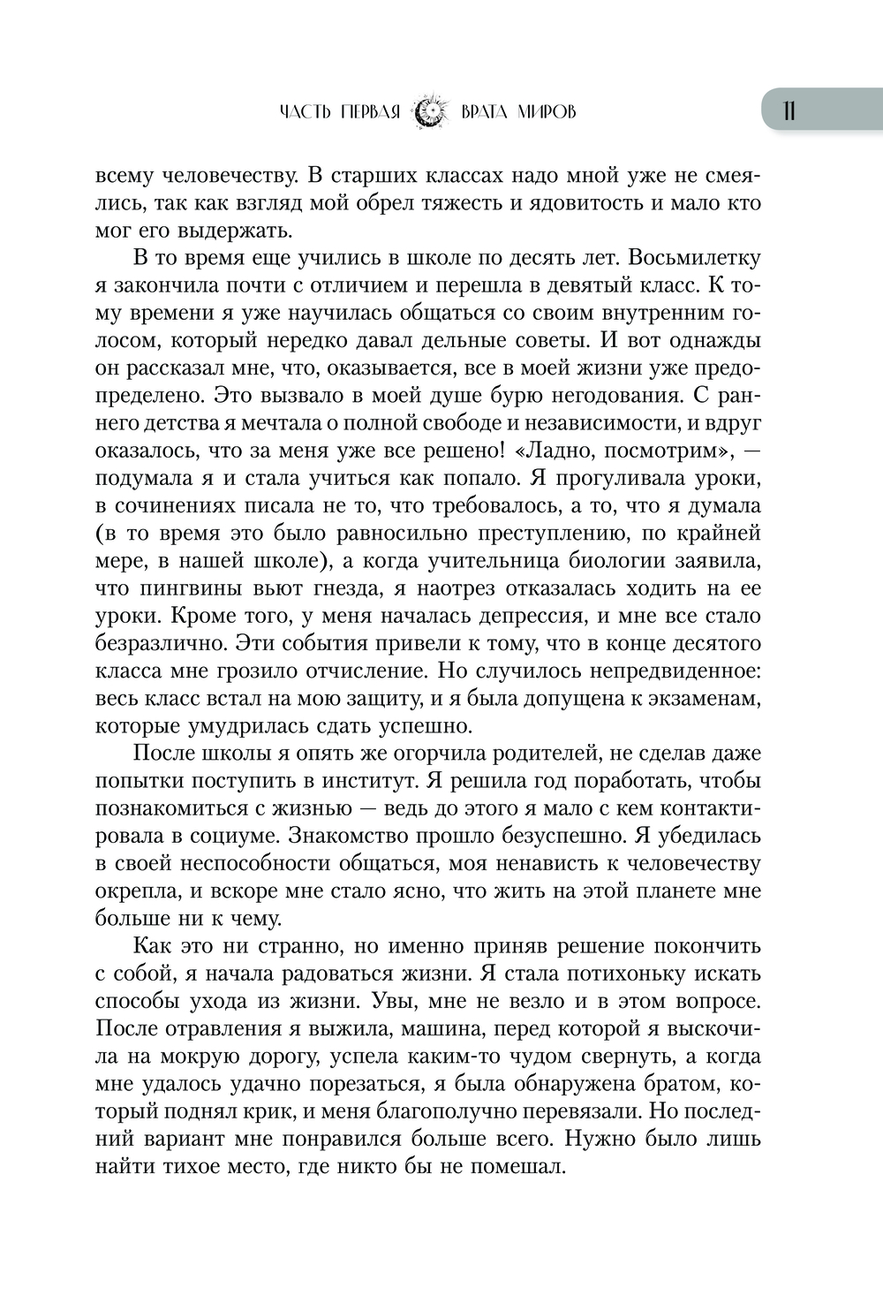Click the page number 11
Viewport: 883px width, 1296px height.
[x=789, y=110]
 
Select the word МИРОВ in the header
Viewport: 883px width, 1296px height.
[x=544, y=111]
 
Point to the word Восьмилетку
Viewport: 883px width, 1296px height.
[x=684, y=259]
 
